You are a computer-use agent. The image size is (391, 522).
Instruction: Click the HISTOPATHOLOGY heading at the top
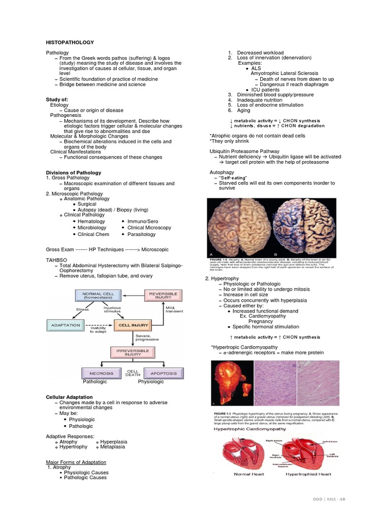pos(70,42)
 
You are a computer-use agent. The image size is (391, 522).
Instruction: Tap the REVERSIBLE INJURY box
pos(162,296)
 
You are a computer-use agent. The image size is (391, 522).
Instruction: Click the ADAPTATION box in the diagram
pos(66,325)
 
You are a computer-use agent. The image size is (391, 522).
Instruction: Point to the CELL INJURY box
pos(130,325)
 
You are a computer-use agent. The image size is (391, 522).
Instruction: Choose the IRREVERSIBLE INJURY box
pos(130,353)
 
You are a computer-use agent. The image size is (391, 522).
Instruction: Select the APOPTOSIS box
pos(163,373)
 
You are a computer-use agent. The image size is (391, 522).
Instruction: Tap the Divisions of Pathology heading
pos(74,173)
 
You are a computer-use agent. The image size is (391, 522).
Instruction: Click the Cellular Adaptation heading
pos(69,397)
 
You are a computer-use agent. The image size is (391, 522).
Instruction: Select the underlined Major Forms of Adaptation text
pos(76,462)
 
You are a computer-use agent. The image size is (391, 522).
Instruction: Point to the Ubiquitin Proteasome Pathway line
pos(244,151)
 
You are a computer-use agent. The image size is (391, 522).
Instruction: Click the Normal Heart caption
pos(248,474)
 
